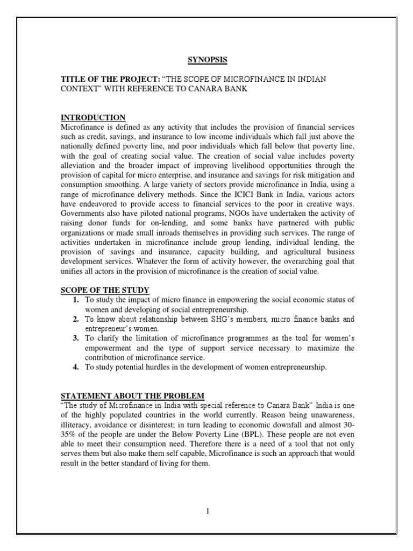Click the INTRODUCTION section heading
pyautogui.click(x=93, y=117)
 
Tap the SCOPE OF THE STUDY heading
pyautogui.click(x=105, y=290)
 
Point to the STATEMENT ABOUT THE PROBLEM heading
pyautogui.click(x=132, y=395)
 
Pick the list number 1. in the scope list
pyautogui.click(x=76, y=299)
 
